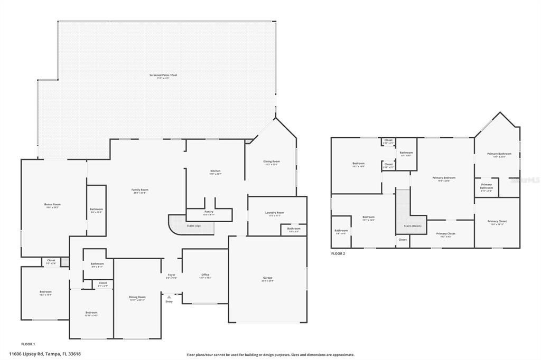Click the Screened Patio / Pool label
pyautogui.click(x=163, y=75)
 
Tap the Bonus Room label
pyautogui.click(x=52, y=204)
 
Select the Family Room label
pyautogui.click(x=140, y=190)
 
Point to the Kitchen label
pyautogui.click(x=216, y=171)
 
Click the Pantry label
pyautogui.click(x=209, y=212)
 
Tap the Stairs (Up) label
pyautogui.click(x=194, y=226)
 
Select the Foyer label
pyautogui.click(x=172, y=274)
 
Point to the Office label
pyautogui.click(x=206, y=274)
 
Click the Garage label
pyautogui.click(x=268, y=278)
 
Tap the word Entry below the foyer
pyautogui.click(x=169, y=301)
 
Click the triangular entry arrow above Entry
pyautogui.click(x=169, y=297)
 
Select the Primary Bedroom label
pyautogui.click(x=444, y=178)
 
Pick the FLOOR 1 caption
pyautogui.click(x=28, y=344)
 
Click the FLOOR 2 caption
pyautogui.click(x=338, y=254)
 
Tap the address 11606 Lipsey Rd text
pyautogui.click(x=45, y=354)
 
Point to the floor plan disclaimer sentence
pyautogui.click(x=270, y=355)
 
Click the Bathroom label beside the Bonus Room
pyautogui.click(x=96, y=210)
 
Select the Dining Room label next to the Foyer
pyautogui.click(x=137, y=297)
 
